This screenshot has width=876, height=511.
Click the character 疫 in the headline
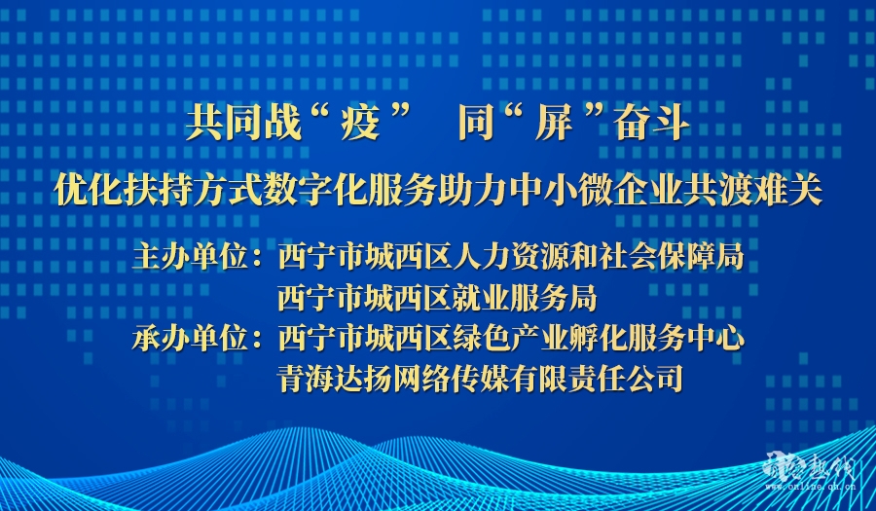360,123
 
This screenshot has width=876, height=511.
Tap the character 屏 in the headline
553,123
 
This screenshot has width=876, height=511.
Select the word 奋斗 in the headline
651,123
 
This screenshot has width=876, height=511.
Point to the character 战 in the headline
282,123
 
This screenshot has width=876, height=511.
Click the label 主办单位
190,258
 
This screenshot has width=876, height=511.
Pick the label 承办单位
190,339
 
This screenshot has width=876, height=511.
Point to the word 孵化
598,339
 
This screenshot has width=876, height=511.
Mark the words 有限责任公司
597,379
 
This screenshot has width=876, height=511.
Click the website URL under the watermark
810,487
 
